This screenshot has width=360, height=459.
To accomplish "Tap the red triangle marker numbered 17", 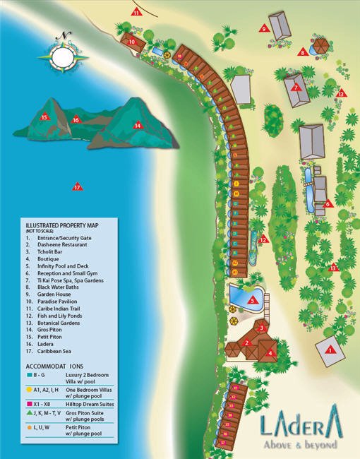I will click(x=78, y=187).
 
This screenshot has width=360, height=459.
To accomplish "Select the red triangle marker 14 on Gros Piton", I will click(x=138, y=126).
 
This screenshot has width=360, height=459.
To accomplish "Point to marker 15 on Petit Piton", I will click(x=44, y=117).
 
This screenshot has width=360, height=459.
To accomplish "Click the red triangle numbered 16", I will click(x=76, y=120).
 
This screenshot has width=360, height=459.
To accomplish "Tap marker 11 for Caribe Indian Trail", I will click(x=136, y=11).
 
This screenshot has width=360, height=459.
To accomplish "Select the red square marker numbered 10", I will click(x=132, y=42).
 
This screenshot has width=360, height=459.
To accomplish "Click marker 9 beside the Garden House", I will click(x=263, y=29).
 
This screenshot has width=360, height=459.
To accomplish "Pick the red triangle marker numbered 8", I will click(x=302, y=52).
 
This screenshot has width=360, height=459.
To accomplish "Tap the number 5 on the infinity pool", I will click(x=252, y=300).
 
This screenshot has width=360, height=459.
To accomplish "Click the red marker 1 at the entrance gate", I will click(x=329, y=348).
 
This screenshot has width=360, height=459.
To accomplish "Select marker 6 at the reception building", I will click(x=328, y=204).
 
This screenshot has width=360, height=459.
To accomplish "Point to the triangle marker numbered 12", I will click(x=263, y=239).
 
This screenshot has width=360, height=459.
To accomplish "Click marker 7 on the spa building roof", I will click(x=296, y=88).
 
